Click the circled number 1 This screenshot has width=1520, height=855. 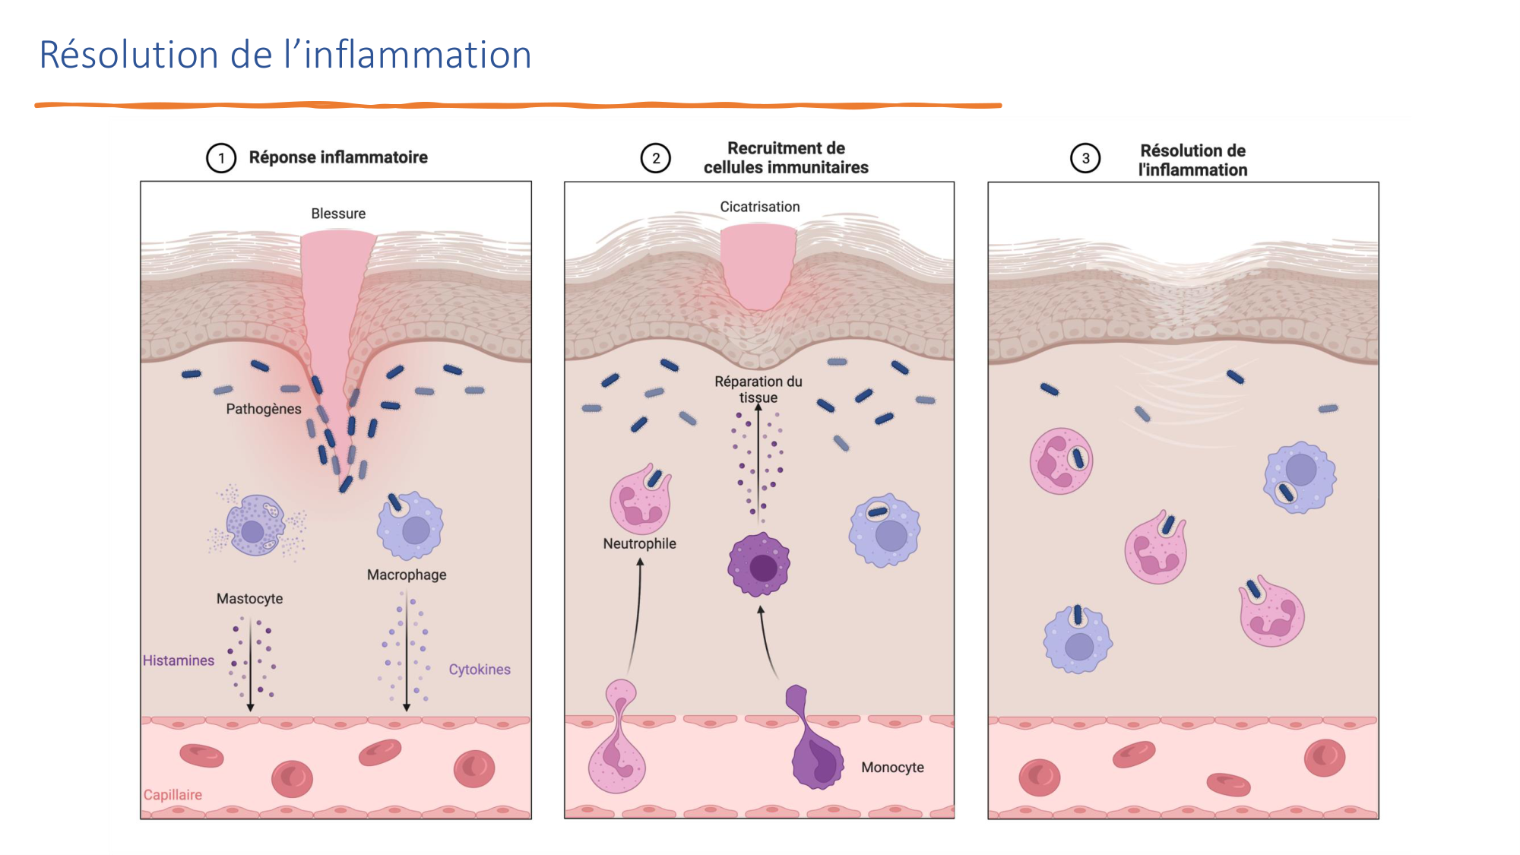221,158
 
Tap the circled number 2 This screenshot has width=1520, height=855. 655,158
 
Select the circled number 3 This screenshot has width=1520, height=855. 1085,158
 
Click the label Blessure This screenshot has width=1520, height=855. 338,214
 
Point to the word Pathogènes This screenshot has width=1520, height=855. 264,409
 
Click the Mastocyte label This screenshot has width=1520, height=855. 249,599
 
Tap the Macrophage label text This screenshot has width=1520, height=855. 407,575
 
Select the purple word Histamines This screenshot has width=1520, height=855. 179,660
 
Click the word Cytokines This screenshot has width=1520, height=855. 479,670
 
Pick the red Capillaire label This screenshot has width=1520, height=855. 173,795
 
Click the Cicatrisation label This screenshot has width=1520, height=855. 759,207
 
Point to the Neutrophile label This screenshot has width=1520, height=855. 639,543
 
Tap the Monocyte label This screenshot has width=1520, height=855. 892,768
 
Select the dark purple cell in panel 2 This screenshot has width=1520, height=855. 759,565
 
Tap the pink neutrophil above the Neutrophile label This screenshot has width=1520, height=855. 641,502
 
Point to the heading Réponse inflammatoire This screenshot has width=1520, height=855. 338,157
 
